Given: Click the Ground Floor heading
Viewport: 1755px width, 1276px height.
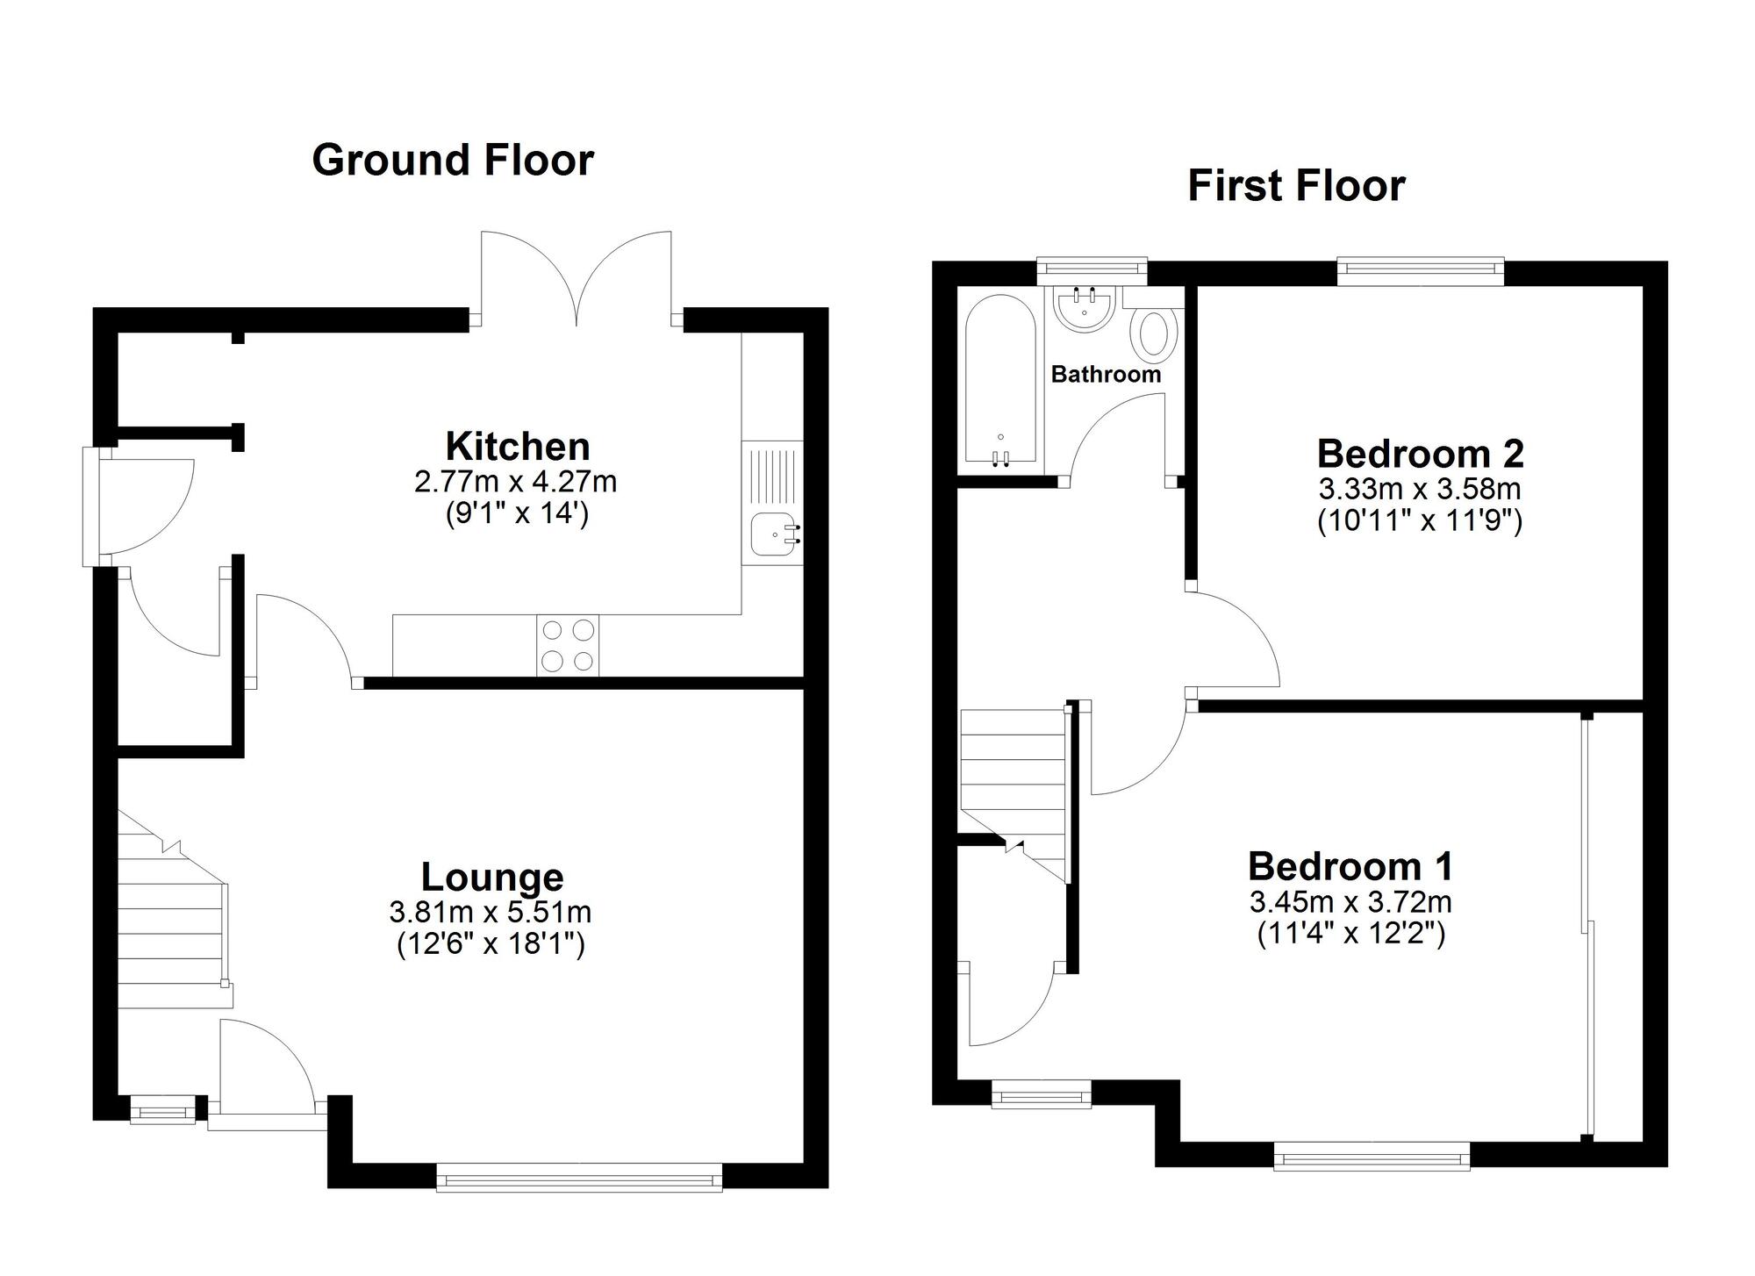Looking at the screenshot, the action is tap(453, 161).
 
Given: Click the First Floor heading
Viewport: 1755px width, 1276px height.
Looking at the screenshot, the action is tap(1296, 186).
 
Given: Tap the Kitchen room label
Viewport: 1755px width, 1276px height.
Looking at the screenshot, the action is tap(518, 446).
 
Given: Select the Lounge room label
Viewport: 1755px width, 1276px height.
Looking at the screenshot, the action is tap(492, 878).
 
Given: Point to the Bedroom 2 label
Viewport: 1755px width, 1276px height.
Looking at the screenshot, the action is tap(1421, 454).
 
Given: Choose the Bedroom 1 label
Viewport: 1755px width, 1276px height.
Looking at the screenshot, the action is tap(1351, 866).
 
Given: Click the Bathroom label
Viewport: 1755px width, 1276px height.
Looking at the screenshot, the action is tap(1106, 375).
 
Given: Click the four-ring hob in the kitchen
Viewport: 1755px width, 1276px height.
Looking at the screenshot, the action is tap(568, 646).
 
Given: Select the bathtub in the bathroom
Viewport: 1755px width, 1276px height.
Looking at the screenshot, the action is tap(1001, 383).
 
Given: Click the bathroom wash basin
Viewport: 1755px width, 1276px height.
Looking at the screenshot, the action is tap(1085, 309).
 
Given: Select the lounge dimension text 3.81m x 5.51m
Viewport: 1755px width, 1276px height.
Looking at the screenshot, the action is tap(491, 913).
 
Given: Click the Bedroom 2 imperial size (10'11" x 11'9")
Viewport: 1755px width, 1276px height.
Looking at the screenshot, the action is tap(1420, 521).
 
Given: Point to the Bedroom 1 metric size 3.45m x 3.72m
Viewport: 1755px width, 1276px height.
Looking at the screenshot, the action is tap(1351, 901).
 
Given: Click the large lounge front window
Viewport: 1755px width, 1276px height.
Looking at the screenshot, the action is tap(579, 1177).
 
